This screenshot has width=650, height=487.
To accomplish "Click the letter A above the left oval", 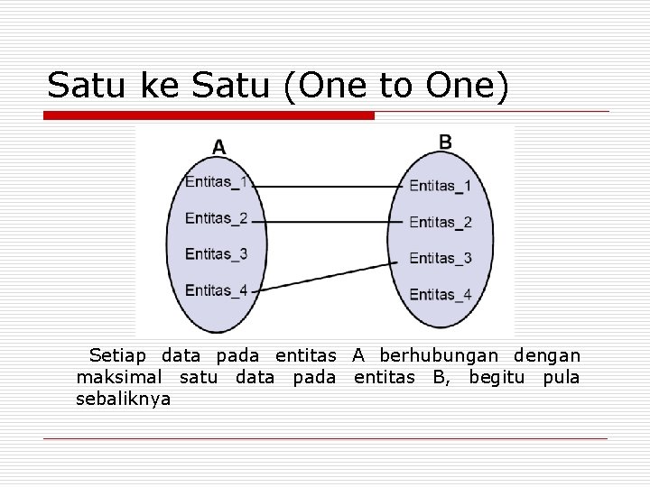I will [x=219, y=146].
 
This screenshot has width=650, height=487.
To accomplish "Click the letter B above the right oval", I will [x=445, y=142].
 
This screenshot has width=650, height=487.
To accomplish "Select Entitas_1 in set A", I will [x=216, y=182].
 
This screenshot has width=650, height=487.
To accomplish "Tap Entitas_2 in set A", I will [x=216, y=217].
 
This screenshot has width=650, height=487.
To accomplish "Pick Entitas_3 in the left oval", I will [x=216, y=253].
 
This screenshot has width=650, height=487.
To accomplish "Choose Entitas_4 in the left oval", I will [x=216, y=289].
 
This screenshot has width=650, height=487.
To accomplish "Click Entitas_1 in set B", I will [x=440, y=186].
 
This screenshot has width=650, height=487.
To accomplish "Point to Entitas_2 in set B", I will [x=440, y=222].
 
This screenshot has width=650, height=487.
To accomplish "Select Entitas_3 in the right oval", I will [x=440, y=258].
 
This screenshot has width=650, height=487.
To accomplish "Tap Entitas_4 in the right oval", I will [x=440, y=294].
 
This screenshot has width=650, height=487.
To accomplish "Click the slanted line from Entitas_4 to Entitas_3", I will [x=325, y=275].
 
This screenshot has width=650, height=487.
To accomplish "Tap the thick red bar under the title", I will [x=209, y=115].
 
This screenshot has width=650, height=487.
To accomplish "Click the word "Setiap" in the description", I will [x=120, y=356].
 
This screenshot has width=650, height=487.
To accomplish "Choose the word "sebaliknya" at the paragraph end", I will [x=124, y=398].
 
